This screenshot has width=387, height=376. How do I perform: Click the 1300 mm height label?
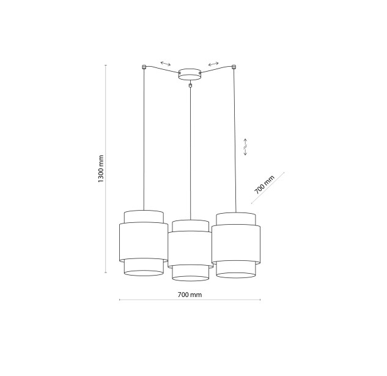pos(101,169)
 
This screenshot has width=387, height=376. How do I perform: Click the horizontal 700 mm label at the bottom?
pos(190,295)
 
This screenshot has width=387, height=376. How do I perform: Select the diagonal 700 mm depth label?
pos(264,184)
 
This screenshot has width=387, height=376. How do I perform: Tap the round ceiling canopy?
pos(190,74)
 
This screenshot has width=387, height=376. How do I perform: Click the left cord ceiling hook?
pos(144,67)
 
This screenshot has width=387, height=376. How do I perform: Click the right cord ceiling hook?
pos(234,67)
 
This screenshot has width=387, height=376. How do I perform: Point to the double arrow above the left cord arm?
pos(165,64)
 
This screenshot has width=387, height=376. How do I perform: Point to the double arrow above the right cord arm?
pos(213,64)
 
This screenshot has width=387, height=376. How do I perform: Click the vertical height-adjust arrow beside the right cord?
pos(245,147)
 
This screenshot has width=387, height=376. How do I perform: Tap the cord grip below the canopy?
pos(190,85)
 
